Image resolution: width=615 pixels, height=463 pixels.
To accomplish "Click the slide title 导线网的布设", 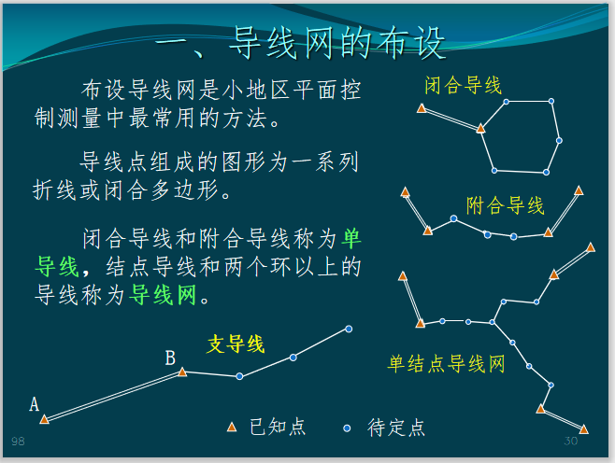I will [299, 42].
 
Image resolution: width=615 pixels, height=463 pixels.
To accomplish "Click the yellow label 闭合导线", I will [463, 86].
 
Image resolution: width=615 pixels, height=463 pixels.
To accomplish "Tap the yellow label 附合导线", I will [505, 204].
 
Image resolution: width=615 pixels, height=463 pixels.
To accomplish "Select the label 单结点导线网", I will [446, 363].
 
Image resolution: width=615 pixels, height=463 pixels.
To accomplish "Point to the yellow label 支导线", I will [236, 344].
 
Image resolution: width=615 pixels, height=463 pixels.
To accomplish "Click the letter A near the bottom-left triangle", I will [35, 404].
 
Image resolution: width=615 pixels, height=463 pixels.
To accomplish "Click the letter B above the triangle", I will [170, 358].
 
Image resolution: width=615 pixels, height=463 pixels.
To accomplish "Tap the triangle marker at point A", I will [44, 419].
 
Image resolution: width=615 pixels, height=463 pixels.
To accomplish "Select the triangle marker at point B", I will [182, 372].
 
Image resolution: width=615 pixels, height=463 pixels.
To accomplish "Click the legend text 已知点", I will [278, 428].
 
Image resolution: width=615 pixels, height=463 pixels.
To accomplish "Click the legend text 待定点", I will [397, 428].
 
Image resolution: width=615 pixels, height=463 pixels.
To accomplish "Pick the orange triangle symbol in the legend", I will [232, 428].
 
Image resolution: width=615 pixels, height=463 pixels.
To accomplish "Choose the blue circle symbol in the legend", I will [348, 428].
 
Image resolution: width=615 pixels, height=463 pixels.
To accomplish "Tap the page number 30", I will [571, 441].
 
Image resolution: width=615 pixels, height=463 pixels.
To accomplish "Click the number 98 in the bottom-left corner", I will [18, 440].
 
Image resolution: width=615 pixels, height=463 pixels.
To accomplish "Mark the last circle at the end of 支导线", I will [349, 329].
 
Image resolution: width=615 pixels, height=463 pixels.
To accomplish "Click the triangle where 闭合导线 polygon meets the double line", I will [480, 128].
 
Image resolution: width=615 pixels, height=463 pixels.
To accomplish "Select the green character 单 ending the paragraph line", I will [351, 237].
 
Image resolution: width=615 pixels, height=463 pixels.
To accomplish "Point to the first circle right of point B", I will [239, 376].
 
